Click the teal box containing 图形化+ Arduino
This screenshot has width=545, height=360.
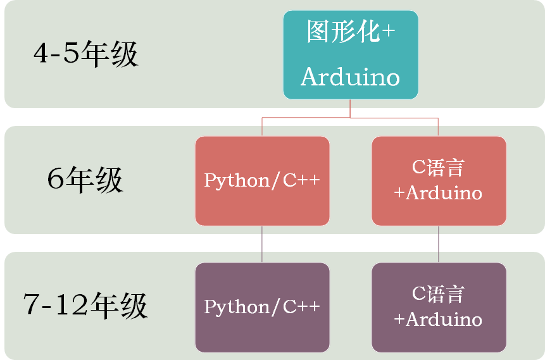point(351,55)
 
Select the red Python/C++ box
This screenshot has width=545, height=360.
point(262,181)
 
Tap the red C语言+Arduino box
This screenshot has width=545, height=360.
point(439,181)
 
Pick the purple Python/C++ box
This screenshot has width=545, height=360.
point(262,307)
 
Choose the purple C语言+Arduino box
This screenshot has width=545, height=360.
point(439,307)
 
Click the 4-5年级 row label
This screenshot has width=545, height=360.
point(86,54)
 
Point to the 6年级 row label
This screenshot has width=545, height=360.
point(85,180)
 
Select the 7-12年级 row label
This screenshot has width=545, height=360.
point(85,306)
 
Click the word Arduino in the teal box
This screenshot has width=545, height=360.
point(351,77)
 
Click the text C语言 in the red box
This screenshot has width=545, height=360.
point(438,168)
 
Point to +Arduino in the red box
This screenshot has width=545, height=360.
point(438,193)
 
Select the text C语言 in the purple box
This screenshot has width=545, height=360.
point(438,294)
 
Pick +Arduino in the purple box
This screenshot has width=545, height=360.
point(438,320)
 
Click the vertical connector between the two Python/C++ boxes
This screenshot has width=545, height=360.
point(262,244)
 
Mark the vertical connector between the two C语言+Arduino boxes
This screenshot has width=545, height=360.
point(438,244)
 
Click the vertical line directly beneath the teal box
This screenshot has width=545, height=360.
point(350,108)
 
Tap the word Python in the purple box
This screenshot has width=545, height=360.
point(236,307)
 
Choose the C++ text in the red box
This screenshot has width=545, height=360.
point(301,180)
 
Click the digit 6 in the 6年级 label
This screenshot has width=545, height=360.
point(55,178)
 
